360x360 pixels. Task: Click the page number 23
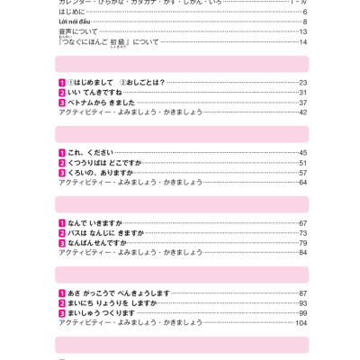point(302,83)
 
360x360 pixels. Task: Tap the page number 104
point(301,323)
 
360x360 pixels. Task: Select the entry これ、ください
point(91,153)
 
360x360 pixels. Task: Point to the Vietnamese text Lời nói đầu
point(75,22)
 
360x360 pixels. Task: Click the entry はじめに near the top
point(72,12)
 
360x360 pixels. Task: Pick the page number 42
point(302,112)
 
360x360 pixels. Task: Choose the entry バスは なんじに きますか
point(105,233)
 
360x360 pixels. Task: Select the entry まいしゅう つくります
point(101,313)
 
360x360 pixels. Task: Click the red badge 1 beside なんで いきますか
point(62,223)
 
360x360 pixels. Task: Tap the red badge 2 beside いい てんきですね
point(62,93)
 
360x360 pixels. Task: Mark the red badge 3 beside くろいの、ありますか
point(62,173)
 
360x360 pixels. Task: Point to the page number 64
point(302,183)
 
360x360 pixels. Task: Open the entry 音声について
point(78,31)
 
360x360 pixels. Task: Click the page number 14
point(303,42)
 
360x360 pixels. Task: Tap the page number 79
point(302,243)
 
